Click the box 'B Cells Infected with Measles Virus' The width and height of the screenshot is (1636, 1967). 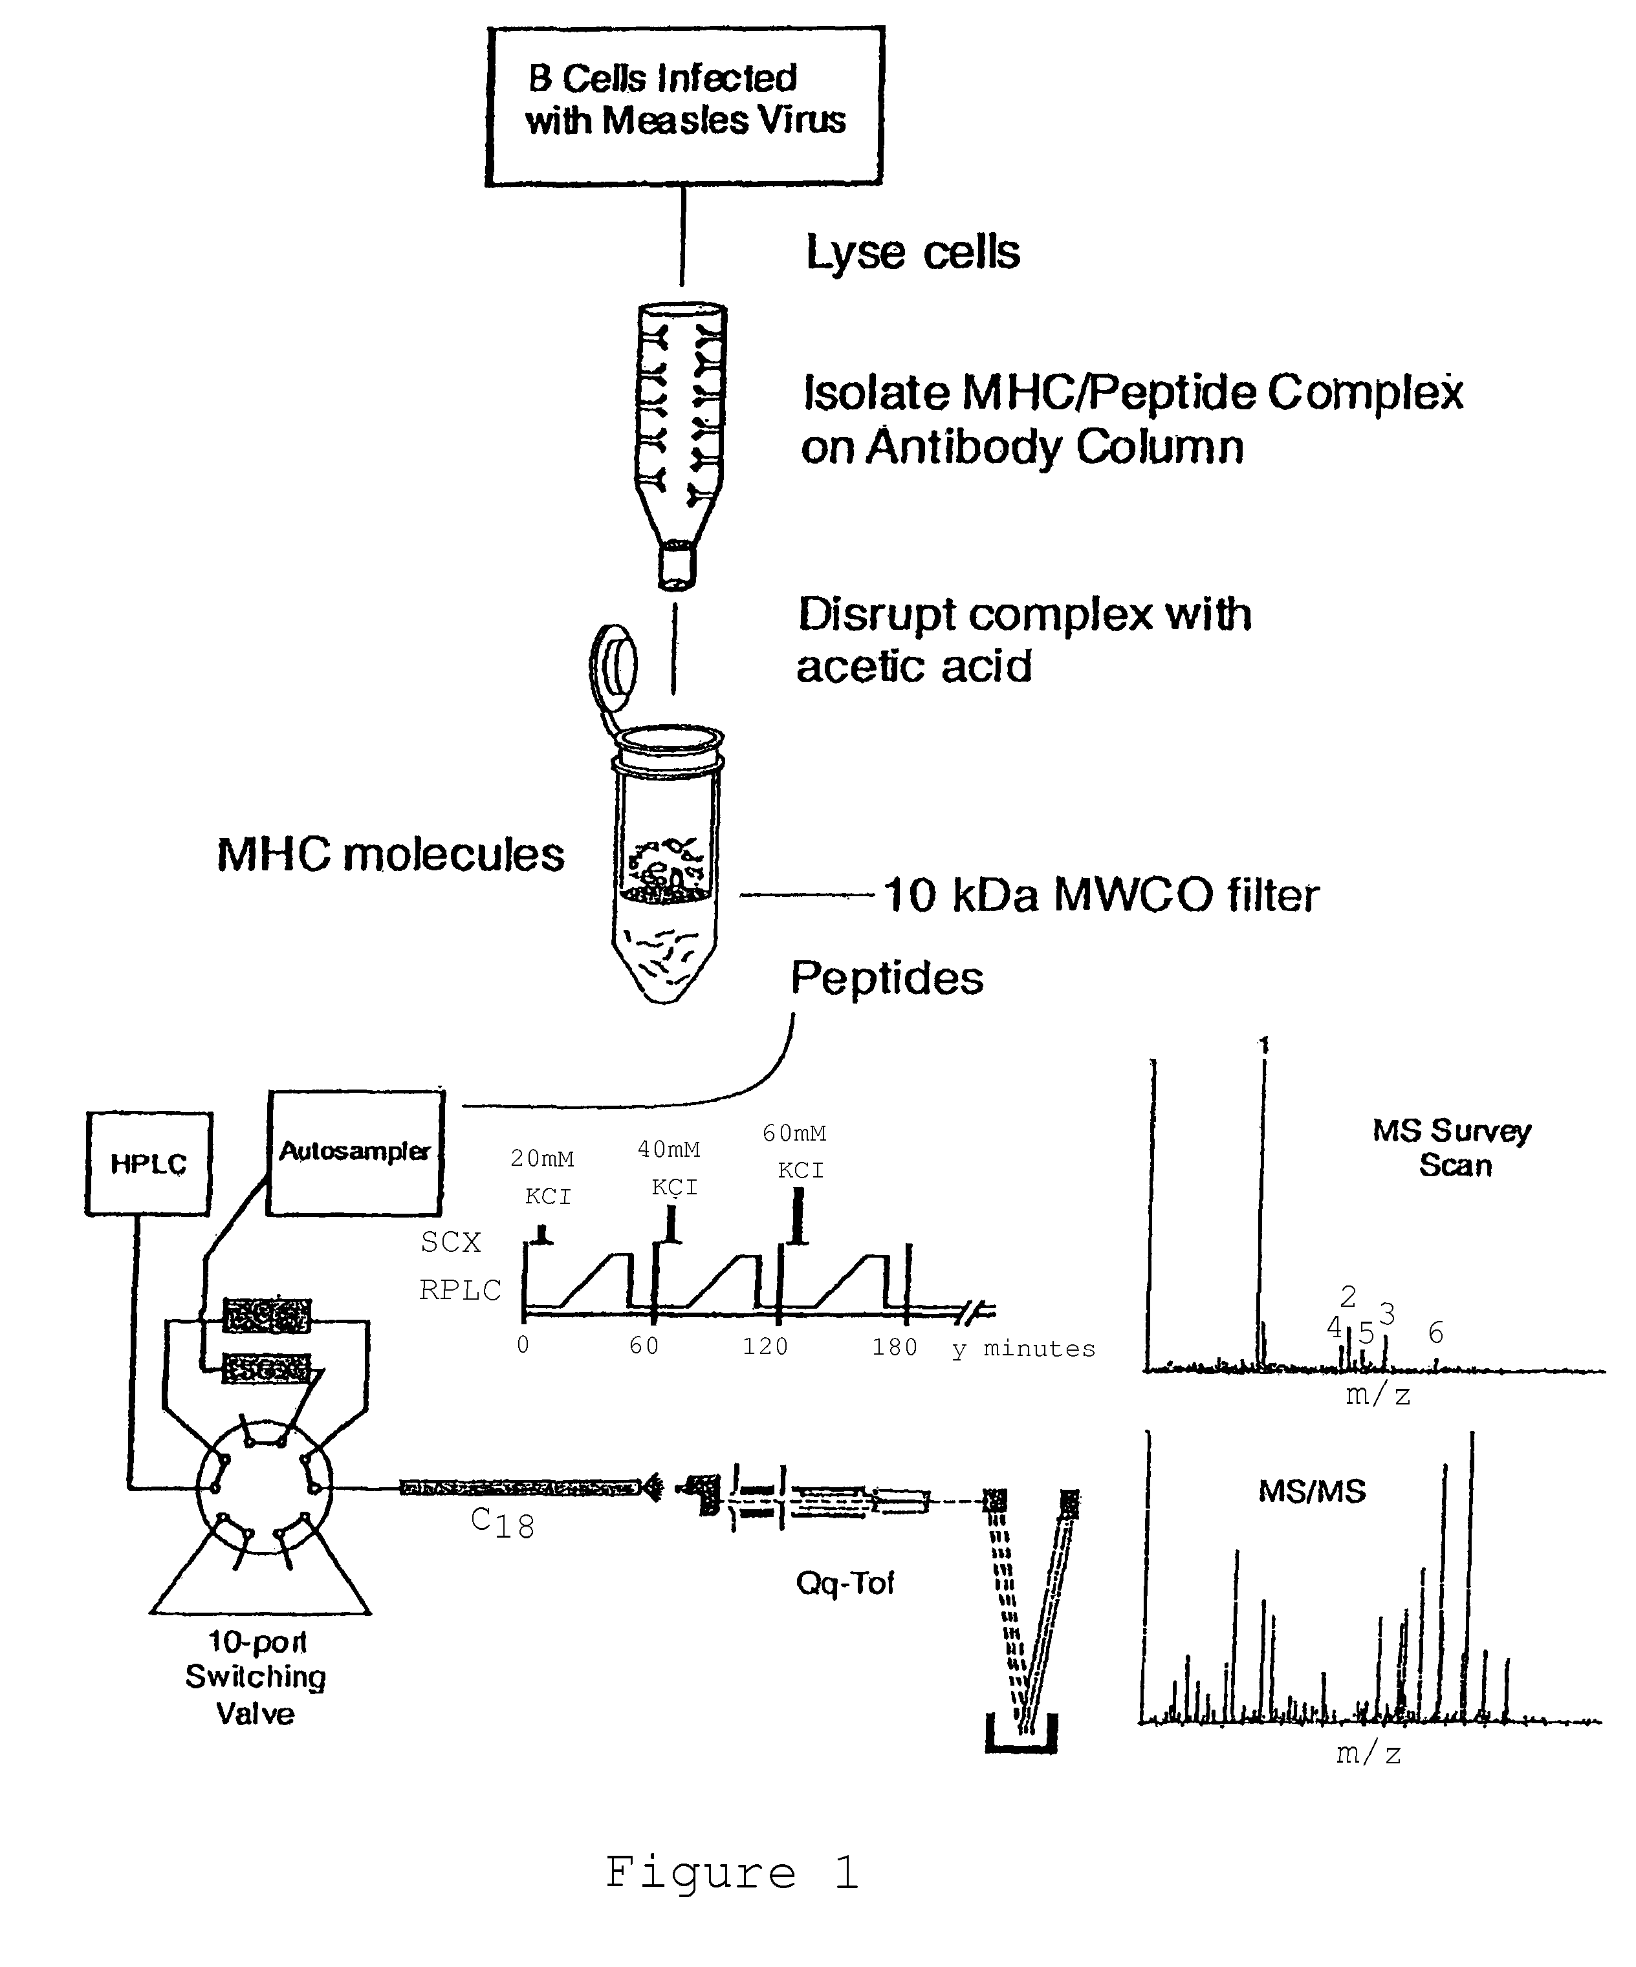click(685, 105)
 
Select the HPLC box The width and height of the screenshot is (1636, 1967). click(149, 1165)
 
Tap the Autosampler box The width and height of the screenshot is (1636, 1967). click(355, 1152)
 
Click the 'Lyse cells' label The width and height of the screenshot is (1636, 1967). click(913, 253)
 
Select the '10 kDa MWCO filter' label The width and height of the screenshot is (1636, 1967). click(1102, 896)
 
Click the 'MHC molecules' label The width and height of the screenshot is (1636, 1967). click(391, 854)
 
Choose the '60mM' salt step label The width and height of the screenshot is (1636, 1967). click(794, 1134)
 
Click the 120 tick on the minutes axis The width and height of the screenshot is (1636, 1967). click(765, 1346)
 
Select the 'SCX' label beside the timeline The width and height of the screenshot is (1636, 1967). click(451, 1242)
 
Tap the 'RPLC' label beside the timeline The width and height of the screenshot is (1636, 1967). click(460, 1290)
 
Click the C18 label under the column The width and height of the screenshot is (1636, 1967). click(503, 1523)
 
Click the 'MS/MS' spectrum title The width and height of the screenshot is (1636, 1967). click(1312, 1491)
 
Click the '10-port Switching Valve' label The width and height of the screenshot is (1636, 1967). click(256, 1677)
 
